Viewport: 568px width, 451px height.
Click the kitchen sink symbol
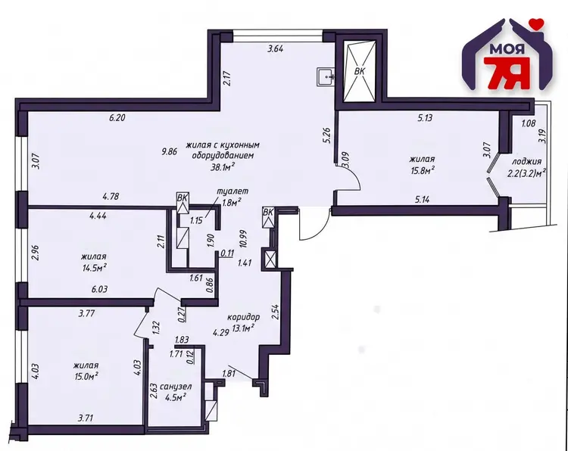[x=326, y=77]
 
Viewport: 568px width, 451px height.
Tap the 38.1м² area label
[x=223, y=166]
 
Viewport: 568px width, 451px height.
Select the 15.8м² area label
[x=422, y=170]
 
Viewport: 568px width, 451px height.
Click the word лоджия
[x=526, y=161]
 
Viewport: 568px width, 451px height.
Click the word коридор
[x=243, y=317]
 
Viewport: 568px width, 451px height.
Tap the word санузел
[x=176, y=387]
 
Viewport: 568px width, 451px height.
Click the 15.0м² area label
[x=86, y=377]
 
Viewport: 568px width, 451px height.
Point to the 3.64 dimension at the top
[x=275, y=48]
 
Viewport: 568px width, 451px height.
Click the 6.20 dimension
[x=117, y=117]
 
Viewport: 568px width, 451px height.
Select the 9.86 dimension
[x=169, y=151]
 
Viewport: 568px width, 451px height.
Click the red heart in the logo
[x=535, y=23]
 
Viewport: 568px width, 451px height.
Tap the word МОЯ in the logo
[x=501, y=50]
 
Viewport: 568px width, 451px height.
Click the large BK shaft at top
[x=360, y=72]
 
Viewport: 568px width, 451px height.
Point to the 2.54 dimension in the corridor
[x=276, y=313]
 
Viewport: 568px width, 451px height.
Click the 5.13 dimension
[x=425, y=117]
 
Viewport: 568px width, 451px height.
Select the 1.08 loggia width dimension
[x=529, y=123]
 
